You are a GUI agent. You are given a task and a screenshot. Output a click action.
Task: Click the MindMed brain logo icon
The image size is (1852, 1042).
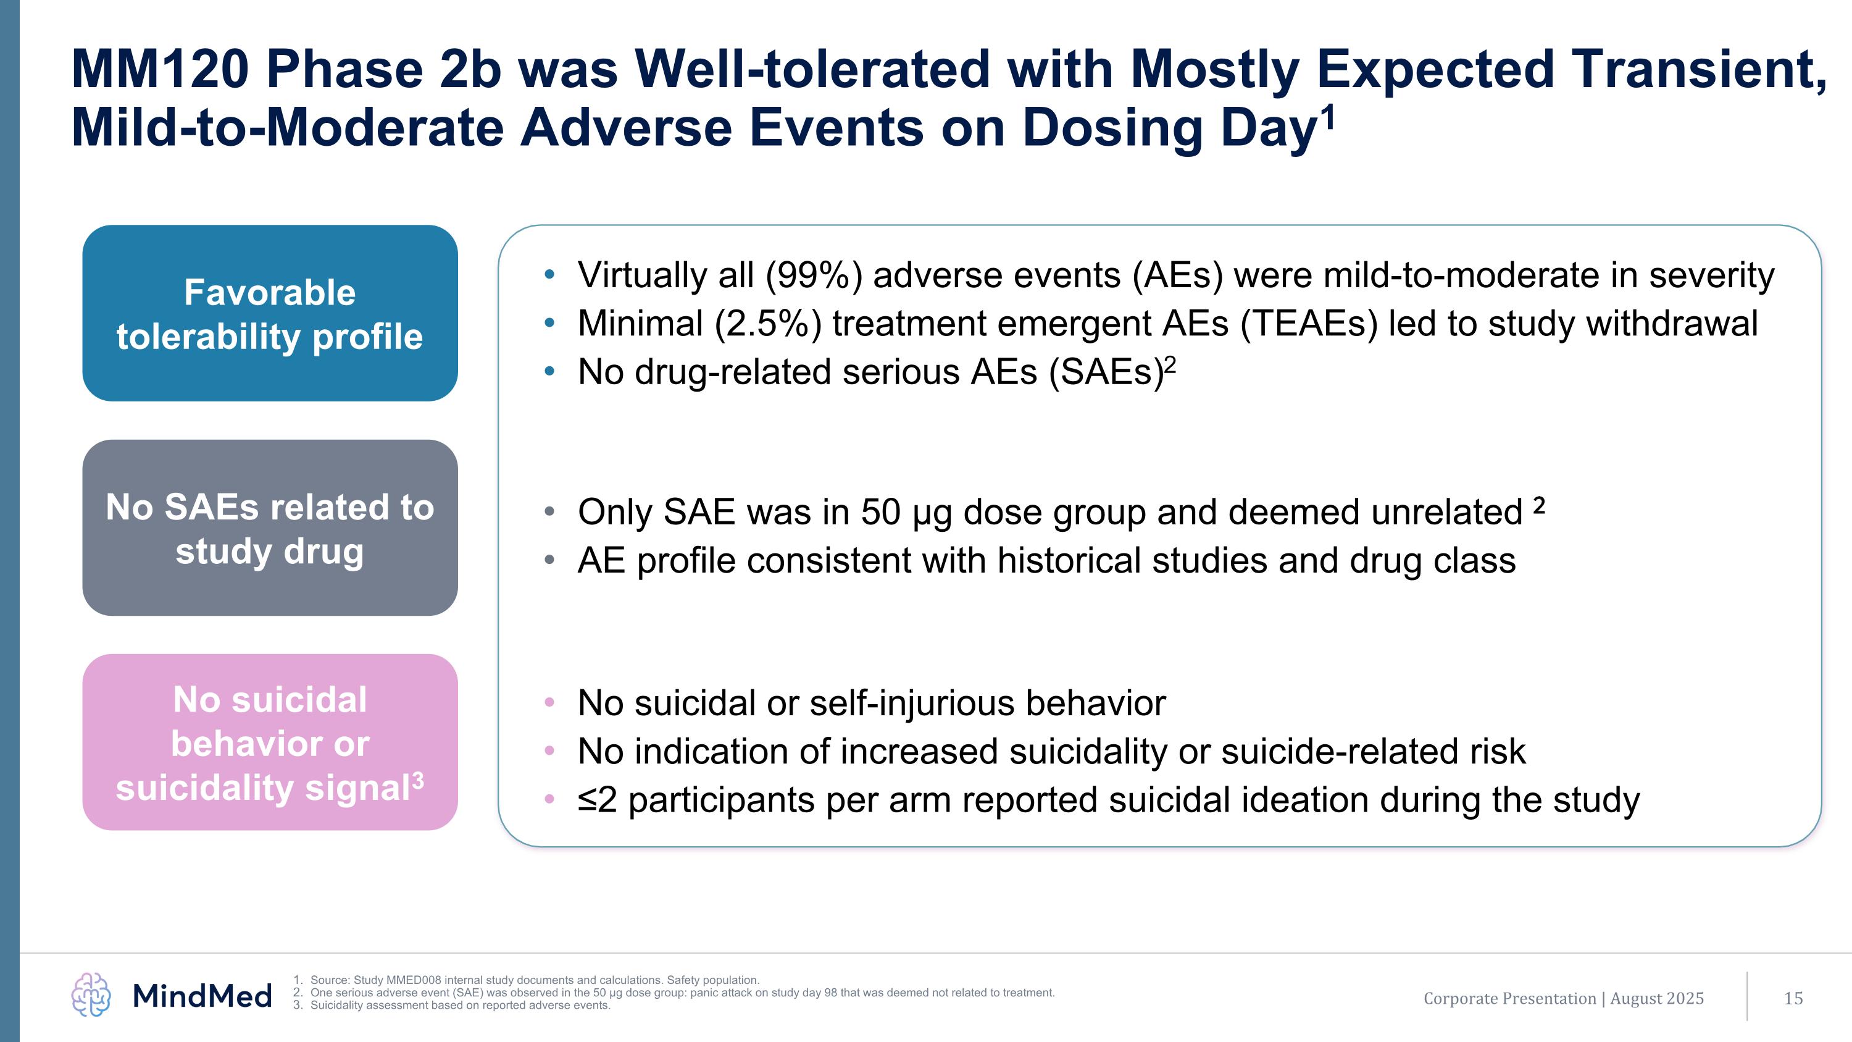[x=91, y=994]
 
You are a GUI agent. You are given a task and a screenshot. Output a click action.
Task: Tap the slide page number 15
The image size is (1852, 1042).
[x=1793, y=998]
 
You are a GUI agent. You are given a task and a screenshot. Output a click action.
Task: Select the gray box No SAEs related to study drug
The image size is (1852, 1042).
[x=270, y=528]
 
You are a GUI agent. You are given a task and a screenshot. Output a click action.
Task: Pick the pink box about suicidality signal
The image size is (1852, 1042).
[x=270, y=742]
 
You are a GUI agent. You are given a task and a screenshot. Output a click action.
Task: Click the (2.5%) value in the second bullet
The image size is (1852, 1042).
[x=768, y=324]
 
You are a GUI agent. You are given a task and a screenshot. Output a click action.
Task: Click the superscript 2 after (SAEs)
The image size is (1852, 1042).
[x=1170, y=365]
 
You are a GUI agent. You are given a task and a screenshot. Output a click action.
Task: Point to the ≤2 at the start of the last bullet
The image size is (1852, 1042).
[x=598, y=800]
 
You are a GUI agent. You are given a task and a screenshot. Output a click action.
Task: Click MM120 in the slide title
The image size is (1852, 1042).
[x=161, y=70]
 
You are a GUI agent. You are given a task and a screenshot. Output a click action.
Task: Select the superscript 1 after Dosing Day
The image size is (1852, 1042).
[x=1327, y=115]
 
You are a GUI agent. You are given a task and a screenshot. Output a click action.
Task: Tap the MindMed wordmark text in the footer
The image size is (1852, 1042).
[x=202, y=996]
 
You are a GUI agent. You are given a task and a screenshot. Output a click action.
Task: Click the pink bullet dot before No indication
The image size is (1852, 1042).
[x=550, y=750]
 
